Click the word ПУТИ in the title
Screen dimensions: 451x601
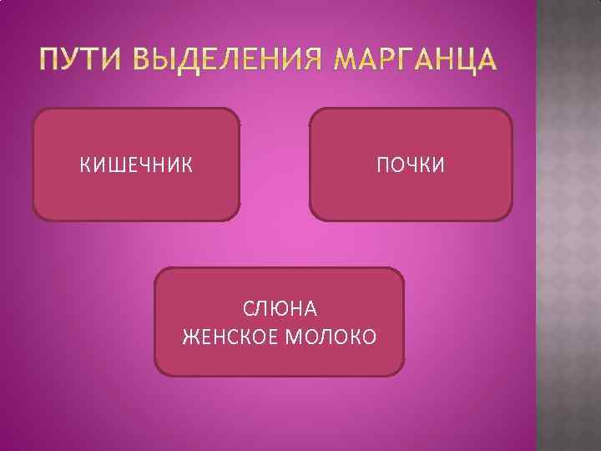78,61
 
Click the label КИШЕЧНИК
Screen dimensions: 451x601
136,165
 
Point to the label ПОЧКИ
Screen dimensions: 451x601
410,165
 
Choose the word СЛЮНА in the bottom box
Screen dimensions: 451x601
280,309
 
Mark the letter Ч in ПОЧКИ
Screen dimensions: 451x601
407,165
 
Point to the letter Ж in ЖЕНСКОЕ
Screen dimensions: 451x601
189,337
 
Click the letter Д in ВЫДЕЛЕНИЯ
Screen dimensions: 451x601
180,62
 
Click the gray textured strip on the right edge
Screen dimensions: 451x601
568,225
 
